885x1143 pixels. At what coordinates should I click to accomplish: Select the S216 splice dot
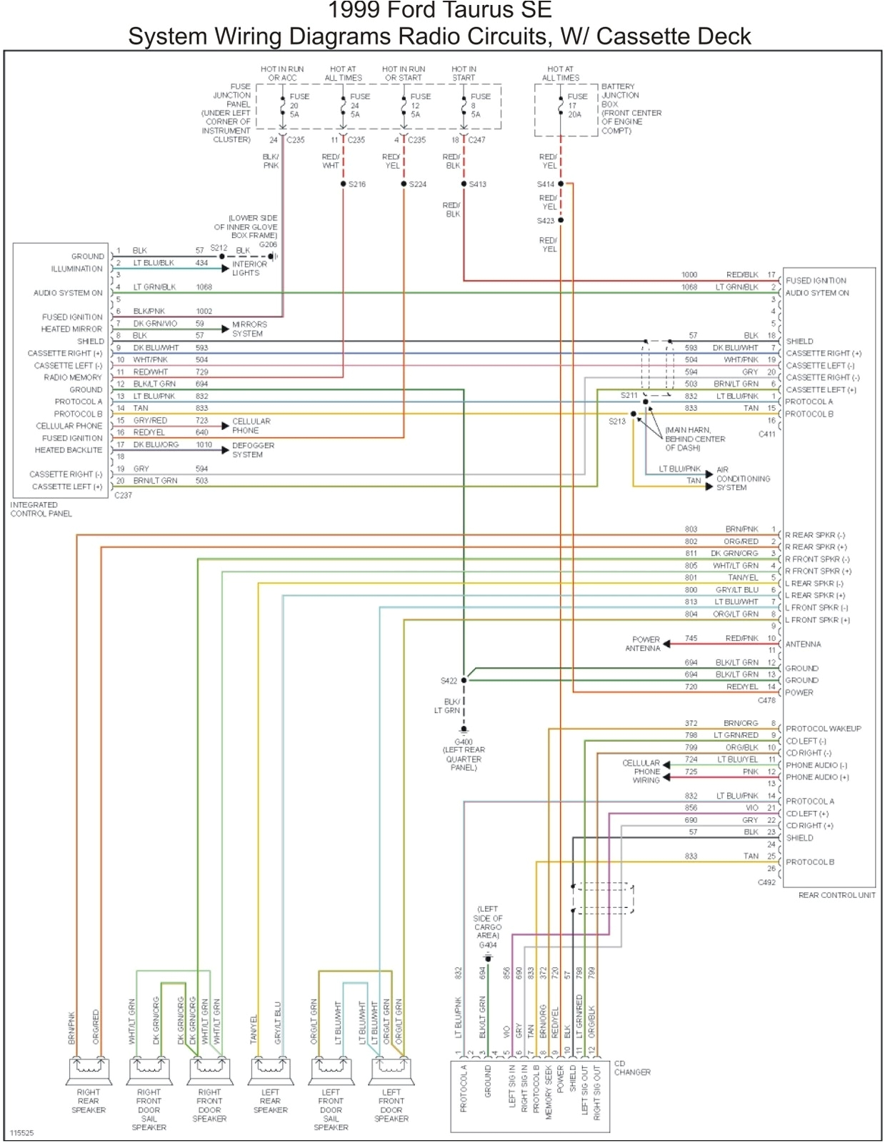(344, 184)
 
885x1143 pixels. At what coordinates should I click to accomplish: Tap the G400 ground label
(464, 742)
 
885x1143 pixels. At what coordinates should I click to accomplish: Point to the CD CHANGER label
(632, 1068)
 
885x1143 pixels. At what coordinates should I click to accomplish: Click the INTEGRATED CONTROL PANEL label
(41, 509)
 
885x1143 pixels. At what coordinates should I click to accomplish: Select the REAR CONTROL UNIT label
(836, 895)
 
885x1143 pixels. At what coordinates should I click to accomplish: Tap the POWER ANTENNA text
(645, 644)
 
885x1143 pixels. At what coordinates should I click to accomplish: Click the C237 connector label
(123, 495)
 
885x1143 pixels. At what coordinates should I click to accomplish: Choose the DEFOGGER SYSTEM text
(253, 450)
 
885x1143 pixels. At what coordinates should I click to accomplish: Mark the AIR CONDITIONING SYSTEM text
(742, 479)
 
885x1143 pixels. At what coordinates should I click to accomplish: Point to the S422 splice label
(448, 681)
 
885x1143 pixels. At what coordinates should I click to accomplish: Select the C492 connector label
(766, 882)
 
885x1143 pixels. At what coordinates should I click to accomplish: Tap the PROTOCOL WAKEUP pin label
(823, 729)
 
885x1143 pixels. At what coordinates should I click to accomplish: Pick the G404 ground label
(488, 944)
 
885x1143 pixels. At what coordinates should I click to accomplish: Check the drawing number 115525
(21, 1133)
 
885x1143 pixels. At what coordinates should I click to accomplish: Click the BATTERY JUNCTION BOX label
(631, 109)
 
